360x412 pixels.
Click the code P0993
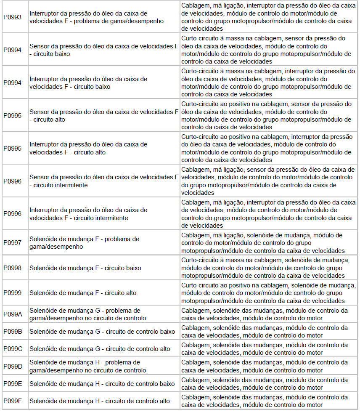(13, 17)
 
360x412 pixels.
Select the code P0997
(13, 243)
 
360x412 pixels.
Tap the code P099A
(13, 314)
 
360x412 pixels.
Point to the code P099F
(13, 401)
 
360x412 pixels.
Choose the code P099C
(13, 349)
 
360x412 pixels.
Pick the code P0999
(13, 293)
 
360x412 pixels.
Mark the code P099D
(13, 366)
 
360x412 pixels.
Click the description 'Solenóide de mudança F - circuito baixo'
(85, 268)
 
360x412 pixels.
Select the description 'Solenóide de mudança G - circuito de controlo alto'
(100, 349)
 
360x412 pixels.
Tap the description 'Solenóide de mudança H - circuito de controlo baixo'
(102, 384)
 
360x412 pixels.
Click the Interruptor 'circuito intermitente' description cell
(88, 214)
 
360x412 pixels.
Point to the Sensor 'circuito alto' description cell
(104, 116)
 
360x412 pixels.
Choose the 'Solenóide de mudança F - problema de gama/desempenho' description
(84, 243)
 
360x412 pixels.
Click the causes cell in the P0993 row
(268, 17)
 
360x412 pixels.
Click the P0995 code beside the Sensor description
(13, 116)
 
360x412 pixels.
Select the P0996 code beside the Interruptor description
(13, 214)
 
